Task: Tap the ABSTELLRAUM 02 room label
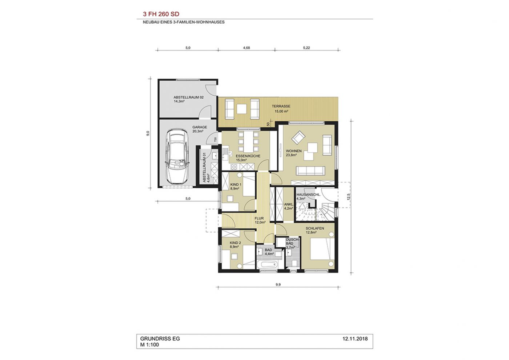coord(189,97)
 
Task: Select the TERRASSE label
coord(281,106)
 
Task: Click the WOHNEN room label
coord(294,151)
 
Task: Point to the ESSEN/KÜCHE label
coord(248,156)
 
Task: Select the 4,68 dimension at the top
coord(247,48)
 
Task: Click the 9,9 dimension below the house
coord(278,284)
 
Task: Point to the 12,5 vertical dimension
coord(349,197)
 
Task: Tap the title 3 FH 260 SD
coord(161,14)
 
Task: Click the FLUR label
coord(259,219)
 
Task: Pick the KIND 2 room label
coord(236,243)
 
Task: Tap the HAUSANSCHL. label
coord(308,195)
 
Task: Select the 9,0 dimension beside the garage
coord(148,133)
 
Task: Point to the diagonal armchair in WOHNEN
coord(298,137)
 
